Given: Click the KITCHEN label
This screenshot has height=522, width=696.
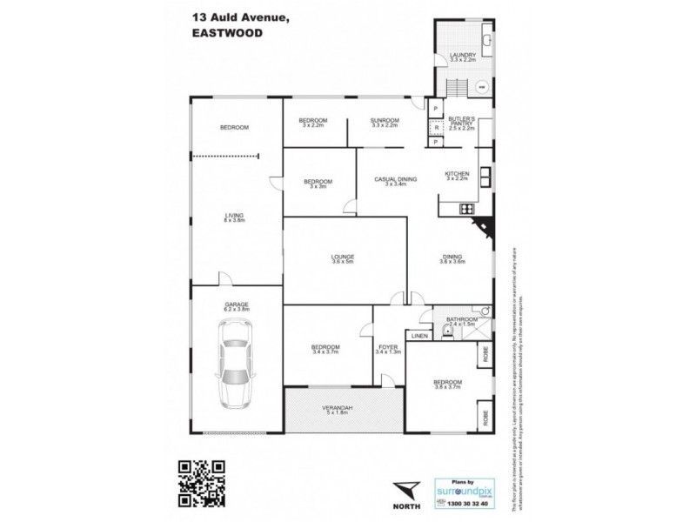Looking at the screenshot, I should [457, 174].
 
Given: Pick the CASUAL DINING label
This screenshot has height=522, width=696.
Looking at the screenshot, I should [395, 179].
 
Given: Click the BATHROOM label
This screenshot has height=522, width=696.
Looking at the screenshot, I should [461, 319].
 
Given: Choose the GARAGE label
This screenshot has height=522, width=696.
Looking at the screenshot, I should [237, 304].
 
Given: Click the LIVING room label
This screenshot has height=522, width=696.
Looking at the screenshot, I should [233, 215].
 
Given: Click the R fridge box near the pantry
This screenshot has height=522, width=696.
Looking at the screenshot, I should [437, 127].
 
